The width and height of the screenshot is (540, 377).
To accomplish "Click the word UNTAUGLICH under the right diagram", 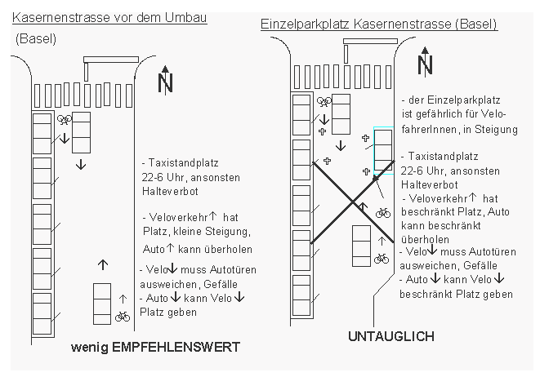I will coord(391,336).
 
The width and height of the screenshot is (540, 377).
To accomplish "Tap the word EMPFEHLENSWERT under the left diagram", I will coord(185,347).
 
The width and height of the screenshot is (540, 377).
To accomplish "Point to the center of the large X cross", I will coord(353,202).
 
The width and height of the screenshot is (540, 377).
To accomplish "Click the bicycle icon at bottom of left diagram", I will coord(123,316).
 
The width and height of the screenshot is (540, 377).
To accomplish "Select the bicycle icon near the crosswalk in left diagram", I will coord(65,119).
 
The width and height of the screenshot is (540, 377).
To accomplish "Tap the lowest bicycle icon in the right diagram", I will coord(381,259).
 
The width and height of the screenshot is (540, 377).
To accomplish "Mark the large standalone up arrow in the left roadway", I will coord(102,264).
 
